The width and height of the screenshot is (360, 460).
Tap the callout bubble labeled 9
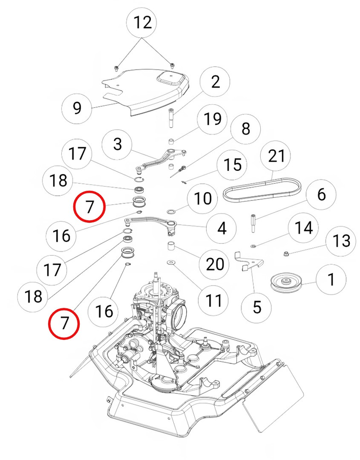pos(77,108)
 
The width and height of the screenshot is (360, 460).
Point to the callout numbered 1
pos(331,280)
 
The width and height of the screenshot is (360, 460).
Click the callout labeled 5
pos(257,307)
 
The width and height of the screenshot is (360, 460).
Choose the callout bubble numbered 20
pos(214,264)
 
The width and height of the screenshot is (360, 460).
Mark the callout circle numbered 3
pos(118,144)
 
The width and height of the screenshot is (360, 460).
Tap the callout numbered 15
pos(233,165)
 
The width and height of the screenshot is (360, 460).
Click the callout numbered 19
pos(213,119)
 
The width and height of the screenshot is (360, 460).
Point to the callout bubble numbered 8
pos(246,129)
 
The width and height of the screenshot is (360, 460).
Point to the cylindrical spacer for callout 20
pos(171,248)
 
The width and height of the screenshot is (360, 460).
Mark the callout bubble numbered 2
pos(215,82)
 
